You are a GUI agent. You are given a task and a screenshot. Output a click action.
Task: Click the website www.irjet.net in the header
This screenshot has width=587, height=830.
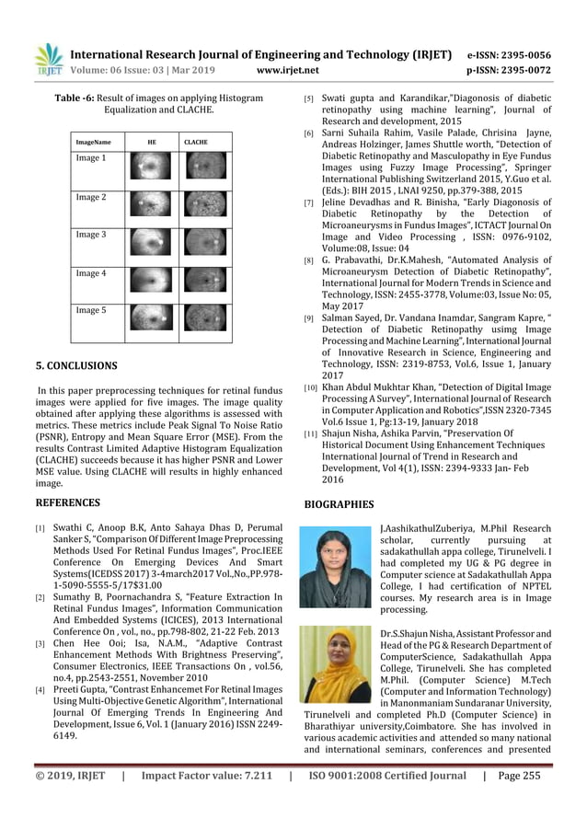(289, 69)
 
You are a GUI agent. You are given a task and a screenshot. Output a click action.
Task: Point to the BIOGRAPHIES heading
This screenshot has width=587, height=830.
(340, 504)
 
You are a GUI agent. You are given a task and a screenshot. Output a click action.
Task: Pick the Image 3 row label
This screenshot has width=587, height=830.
(91, 236)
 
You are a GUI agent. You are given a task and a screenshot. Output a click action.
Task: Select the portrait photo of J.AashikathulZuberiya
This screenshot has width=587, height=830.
(335, 566)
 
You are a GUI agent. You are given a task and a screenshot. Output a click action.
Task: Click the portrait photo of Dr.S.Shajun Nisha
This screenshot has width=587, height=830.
(335, 665)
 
